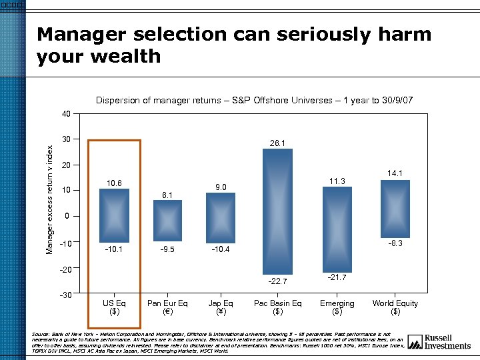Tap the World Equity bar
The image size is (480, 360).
tap(395, 209)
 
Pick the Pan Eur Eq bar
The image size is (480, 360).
tap(167, 221)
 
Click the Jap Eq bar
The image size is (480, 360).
tap(221, 218)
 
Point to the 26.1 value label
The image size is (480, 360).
tap(278, 143)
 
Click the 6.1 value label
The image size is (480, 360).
tap(167, 195)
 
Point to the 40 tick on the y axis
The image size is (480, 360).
tap(65, 114)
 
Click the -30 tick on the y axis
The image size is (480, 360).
tap(64, 294)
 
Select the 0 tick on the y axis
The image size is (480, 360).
tap(67, 217)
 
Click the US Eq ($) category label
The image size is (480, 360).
tap(114, 307)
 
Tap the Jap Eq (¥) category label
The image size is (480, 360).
tap(221, 307)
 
